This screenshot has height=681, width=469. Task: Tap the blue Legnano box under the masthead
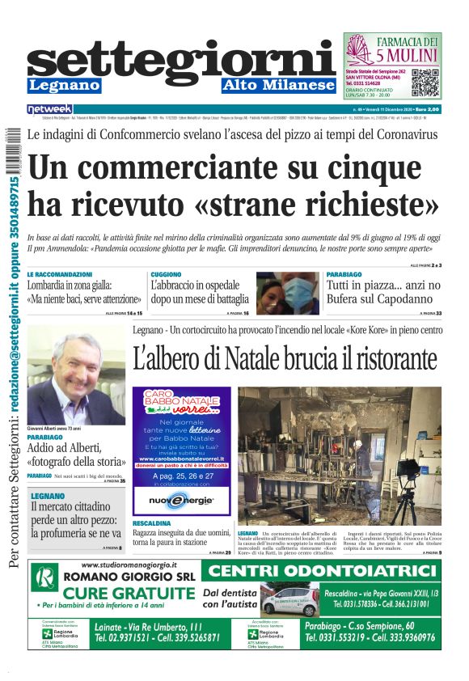[64, 85]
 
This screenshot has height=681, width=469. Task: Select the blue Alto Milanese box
[278, 85]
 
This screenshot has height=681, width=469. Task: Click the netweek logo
[49, 109]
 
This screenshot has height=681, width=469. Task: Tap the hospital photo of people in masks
[288, 293]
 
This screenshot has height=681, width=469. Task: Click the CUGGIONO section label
[166, 274]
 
